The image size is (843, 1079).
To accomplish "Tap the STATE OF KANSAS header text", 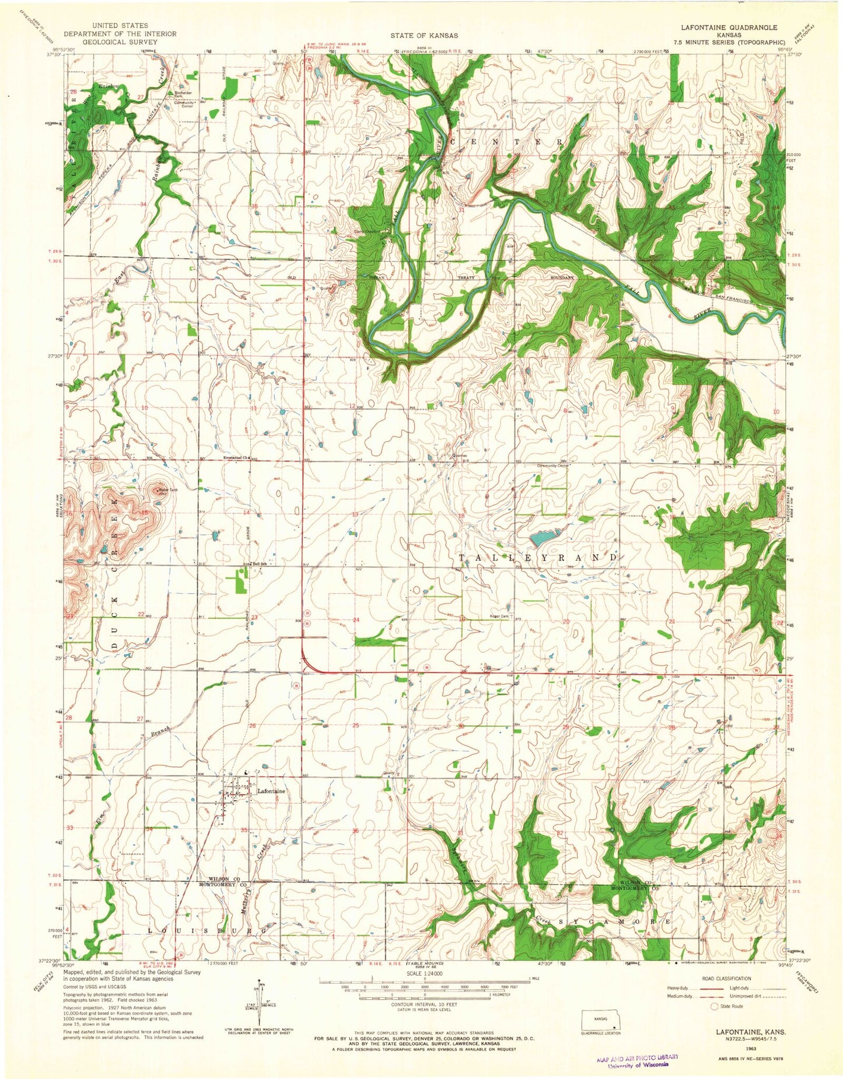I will pos(424,36).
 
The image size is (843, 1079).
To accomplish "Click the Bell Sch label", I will pos(259,564).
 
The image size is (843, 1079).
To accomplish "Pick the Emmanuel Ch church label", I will pos(236,458).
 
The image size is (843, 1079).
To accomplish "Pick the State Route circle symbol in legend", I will pos(713,1007).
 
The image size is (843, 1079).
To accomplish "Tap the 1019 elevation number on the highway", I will pos(730,679).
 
